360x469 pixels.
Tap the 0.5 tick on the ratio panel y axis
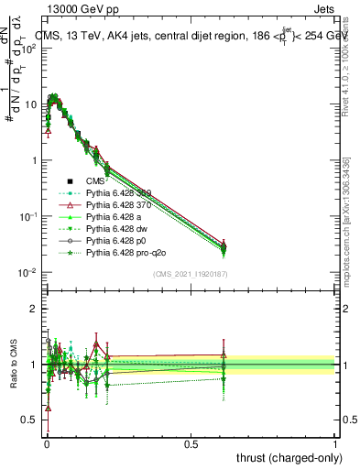click(x=33, y=420)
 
